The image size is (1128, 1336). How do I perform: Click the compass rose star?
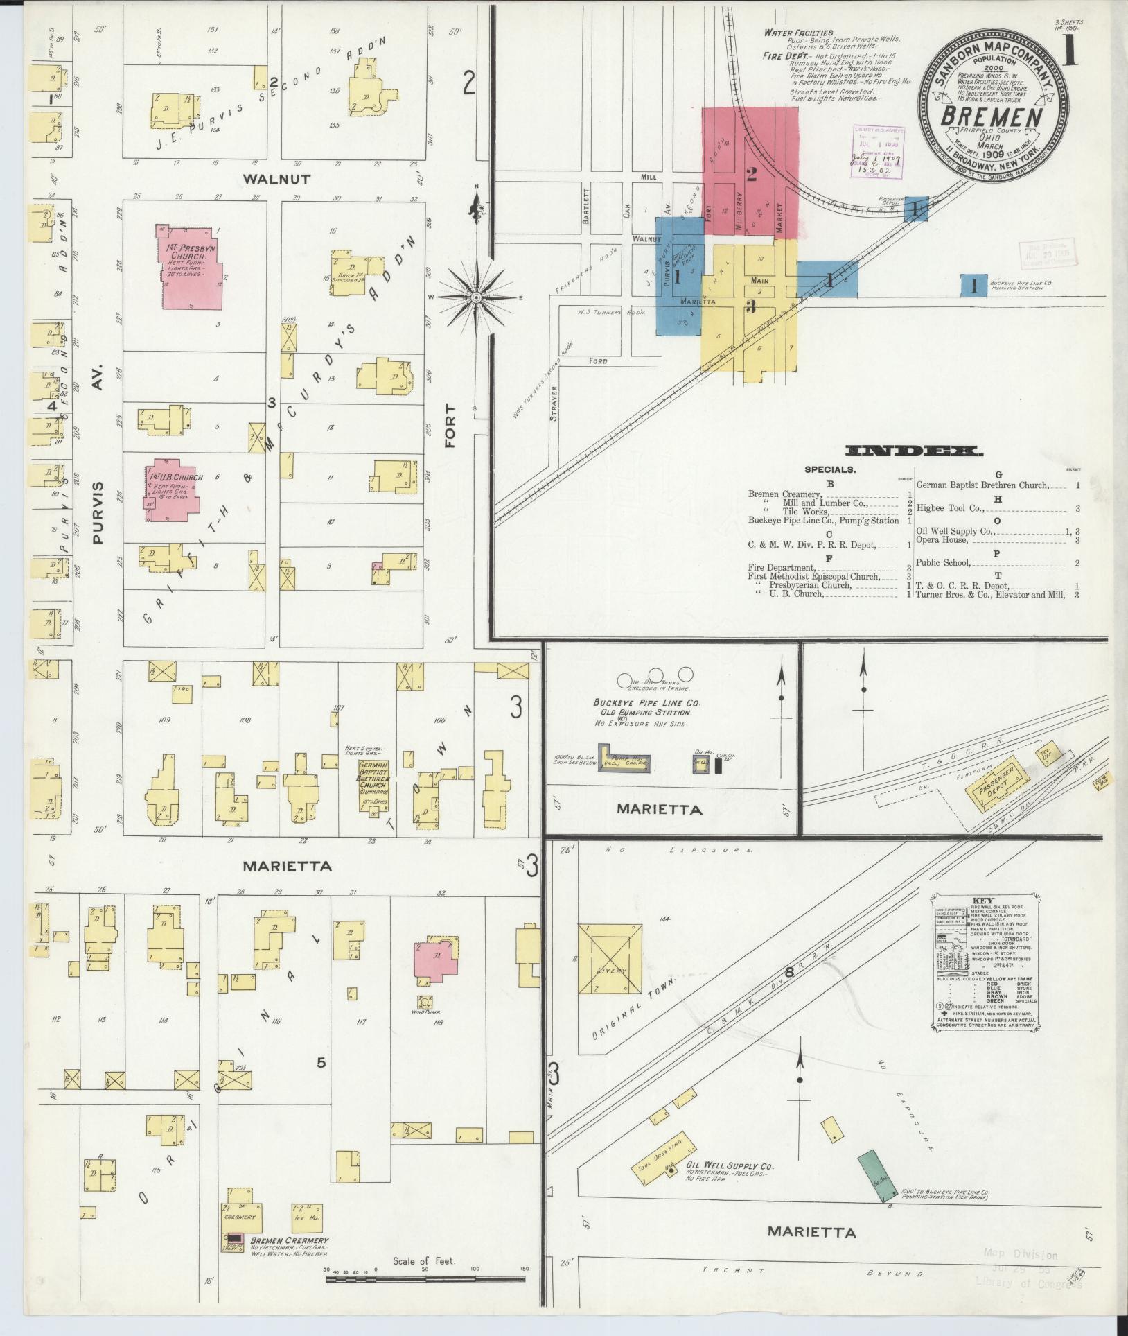click(x=476, y=297)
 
